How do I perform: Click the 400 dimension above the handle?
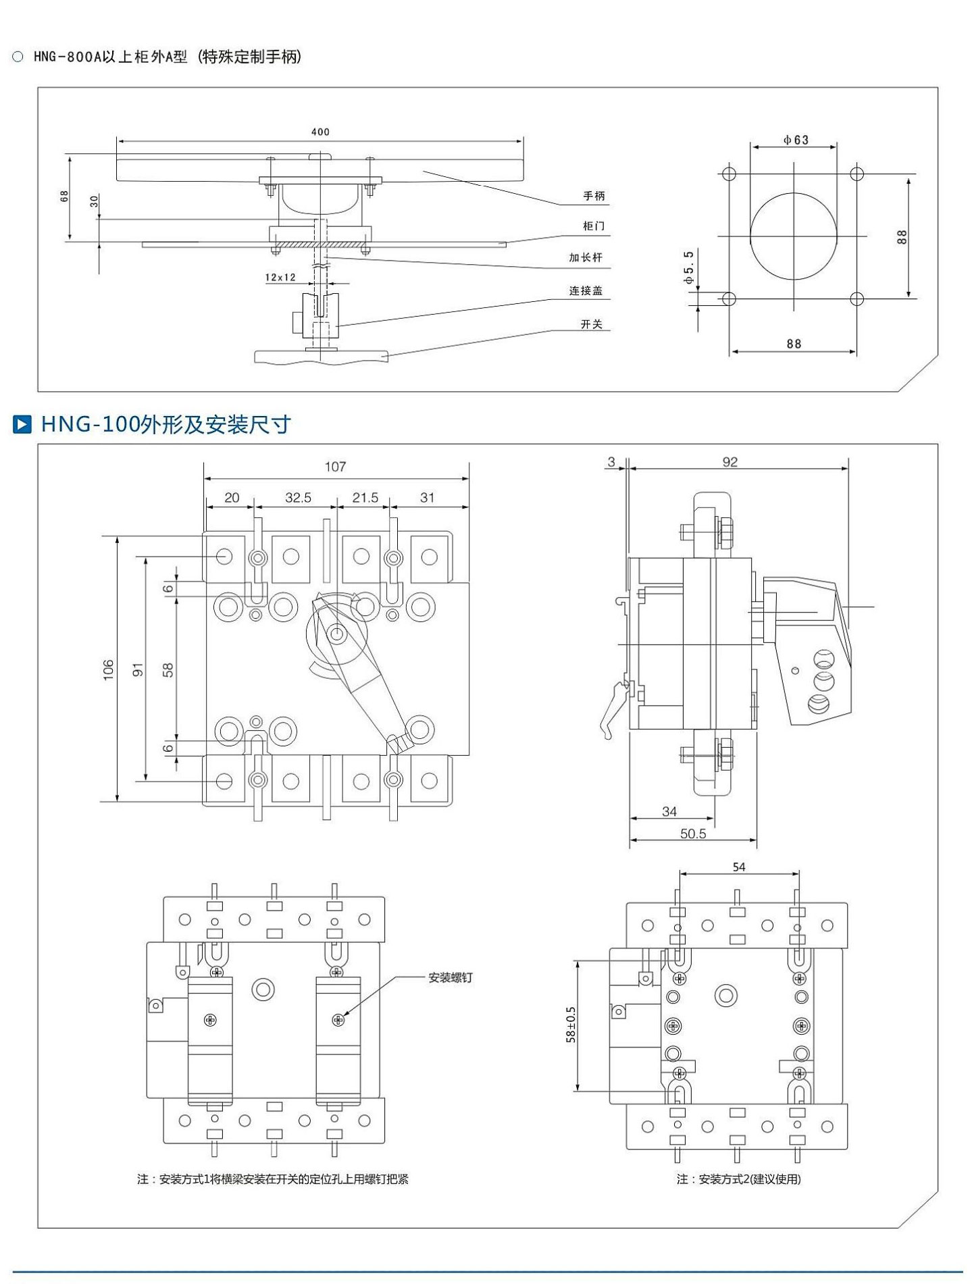click(320, 132)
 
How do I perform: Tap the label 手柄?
click(594, 196)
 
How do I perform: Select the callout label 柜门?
click(594, 226)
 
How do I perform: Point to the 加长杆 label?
click(586, 257)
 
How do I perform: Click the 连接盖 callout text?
click(586, 290)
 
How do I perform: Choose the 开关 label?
click(592, 324)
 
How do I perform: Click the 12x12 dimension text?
click(280, 278)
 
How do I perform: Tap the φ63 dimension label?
click(796, 140)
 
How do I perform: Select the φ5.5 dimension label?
click(688, 267)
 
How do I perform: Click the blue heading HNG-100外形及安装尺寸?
click(166, 424)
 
